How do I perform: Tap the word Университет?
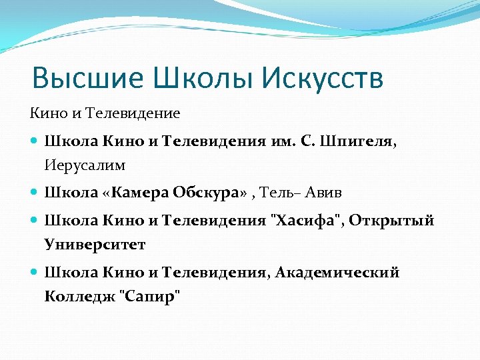(x=95, y=244)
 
